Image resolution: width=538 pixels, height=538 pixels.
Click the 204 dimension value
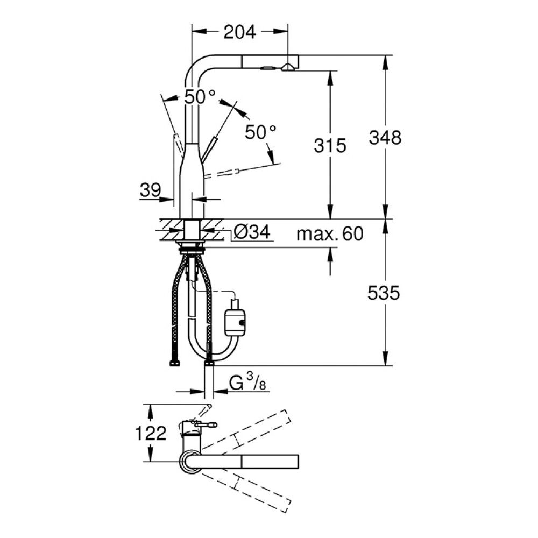239,32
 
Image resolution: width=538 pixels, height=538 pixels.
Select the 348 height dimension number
385,138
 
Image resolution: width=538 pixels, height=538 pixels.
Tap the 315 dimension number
330,145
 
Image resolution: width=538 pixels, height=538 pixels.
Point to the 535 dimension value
385,293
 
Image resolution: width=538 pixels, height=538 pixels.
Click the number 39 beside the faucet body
150,190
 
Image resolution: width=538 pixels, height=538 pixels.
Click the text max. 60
330,233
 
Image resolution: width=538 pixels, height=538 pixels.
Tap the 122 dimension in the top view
151,433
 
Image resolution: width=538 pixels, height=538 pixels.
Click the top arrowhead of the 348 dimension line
385,60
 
